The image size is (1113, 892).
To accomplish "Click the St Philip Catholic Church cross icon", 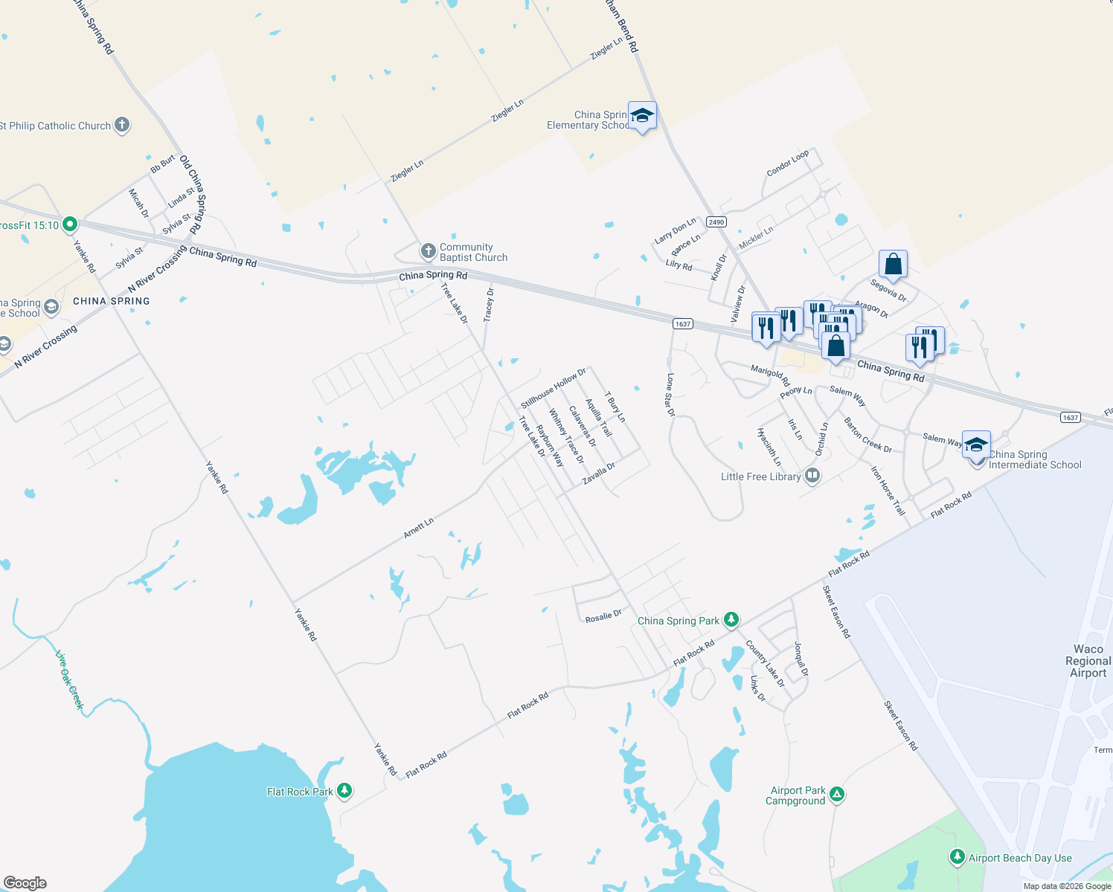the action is pos(122,125).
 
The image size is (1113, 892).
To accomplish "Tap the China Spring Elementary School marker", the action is pos(642,116).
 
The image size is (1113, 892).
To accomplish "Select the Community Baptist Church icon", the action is pos(428,251).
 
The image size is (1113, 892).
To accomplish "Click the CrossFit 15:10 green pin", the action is pos(70,223).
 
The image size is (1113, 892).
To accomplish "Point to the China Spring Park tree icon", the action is pos(731,619).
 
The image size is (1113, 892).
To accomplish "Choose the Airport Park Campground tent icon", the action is pos(837,794).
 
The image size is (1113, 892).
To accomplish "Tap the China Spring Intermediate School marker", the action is pos(976,445).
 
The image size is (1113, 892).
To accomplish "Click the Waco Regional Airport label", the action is pos(1088,661).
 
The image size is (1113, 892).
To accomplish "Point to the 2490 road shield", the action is pos(716,222).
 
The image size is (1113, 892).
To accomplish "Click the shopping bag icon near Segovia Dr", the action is pos(893,264).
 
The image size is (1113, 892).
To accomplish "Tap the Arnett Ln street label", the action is pos(418,529).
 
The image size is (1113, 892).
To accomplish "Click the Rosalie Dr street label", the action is pos(603,615).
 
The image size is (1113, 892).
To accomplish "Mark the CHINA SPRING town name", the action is pos(112,301).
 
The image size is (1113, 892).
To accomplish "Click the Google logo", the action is pos(25,882).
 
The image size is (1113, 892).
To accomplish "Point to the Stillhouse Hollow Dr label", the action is pos(554,388).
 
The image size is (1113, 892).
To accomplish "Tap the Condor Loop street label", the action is pos(788,164).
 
